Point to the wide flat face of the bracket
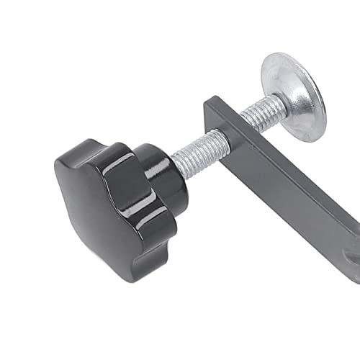click(288, 187)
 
